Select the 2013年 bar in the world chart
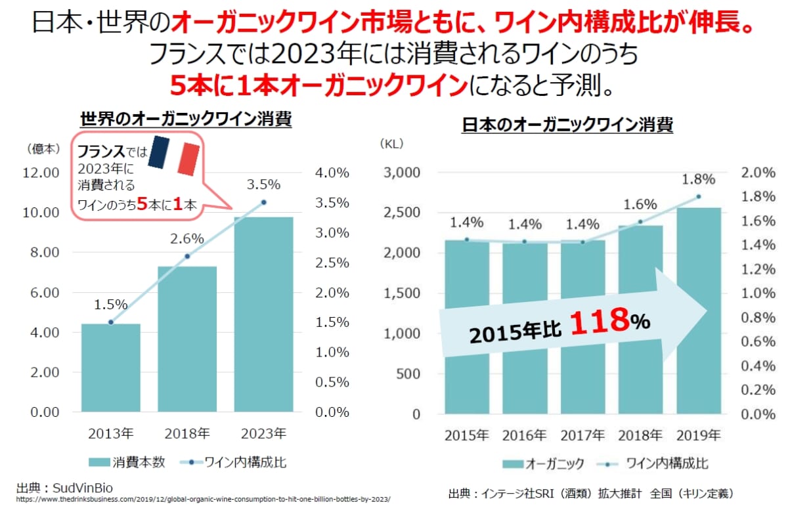point(111,368)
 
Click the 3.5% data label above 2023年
point(264,185)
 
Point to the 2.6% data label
point(187,239)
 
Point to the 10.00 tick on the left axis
point(41,213)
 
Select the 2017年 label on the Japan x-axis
point(582,435)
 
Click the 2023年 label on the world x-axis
point(264,433)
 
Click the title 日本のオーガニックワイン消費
point(567,125)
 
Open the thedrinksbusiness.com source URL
point(203,500)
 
